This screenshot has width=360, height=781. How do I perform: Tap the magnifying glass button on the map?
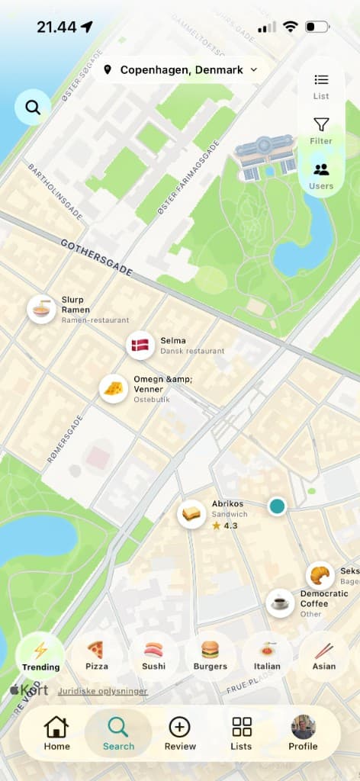33,108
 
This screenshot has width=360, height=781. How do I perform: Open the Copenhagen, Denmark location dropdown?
181,70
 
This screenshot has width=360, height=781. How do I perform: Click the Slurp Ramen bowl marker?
41,310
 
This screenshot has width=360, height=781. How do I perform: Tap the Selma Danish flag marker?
140,346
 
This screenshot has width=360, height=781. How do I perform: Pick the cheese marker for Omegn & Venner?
114,389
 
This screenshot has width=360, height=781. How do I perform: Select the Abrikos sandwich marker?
191,513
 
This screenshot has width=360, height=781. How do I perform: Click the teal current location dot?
277,506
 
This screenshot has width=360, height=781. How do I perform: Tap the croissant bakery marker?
320,576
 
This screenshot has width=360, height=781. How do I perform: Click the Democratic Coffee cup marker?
280,603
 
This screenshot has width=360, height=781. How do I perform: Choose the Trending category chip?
40,654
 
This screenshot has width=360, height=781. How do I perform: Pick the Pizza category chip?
96,654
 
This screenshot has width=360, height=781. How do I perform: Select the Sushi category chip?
153,654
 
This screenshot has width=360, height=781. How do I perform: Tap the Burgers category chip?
210,654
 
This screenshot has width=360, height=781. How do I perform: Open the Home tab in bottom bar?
56,733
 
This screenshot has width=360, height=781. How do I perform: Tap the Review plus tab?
180,733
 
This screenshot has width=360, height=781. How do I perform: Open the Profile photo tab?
303,733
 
